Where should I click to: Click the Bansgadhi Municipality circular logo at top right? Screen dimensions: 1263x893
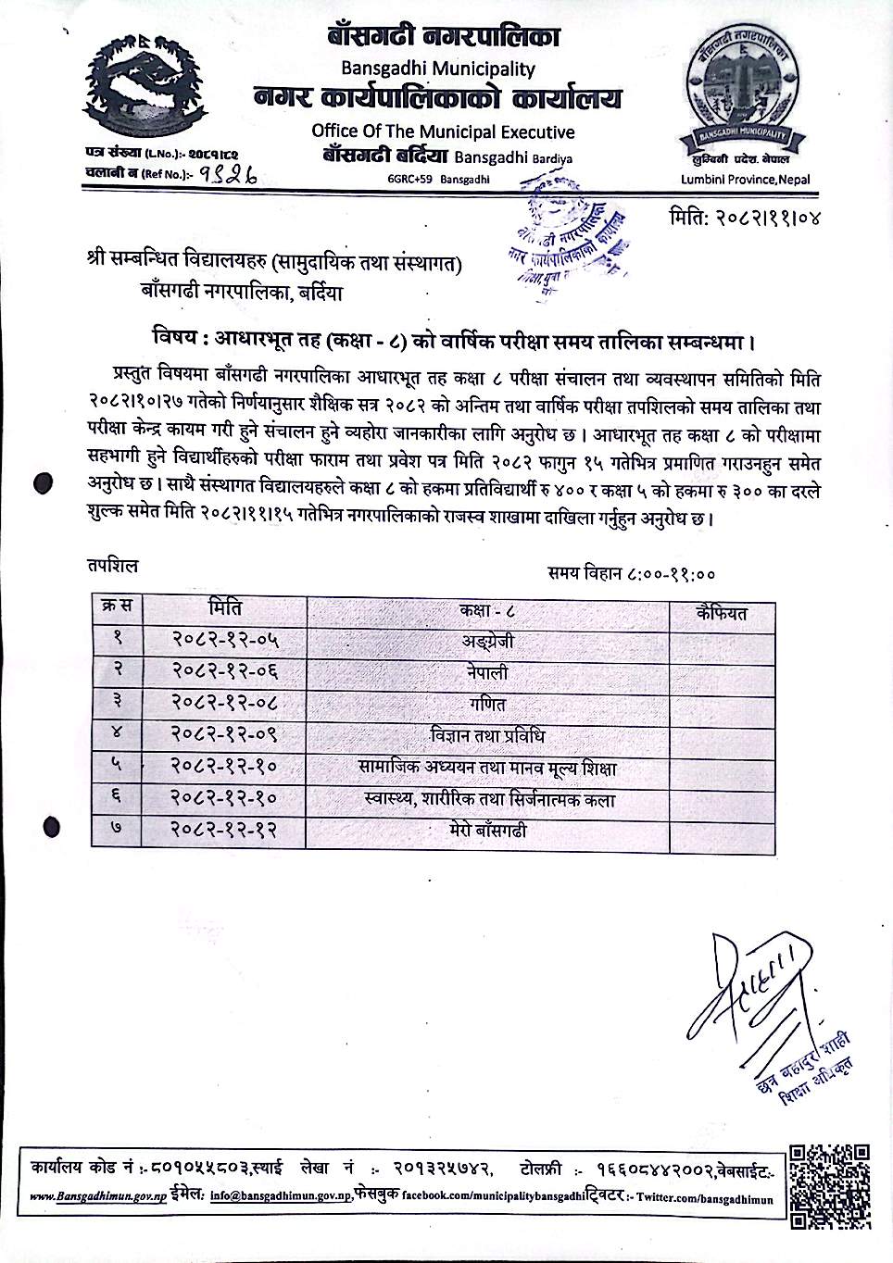pyautogui.click(x=745, y=97)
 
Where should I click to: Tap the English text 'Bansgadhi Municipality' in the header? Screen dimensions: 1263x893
pyautogui.click(x=438, y=69)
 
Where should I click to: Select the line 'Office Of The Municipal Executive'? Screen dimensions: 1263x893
pyautogui.click(x=443, y=132)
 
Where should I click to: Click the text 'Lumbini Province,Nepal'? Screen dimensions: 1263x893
pyautogui.click(x=745, y=180)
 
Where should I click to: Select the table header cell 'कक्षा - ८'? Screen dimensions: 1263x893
pyautogui.click(x=487, y=610)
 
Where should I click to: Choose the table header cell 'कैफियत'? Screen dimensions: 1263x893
pyautogui.click(x=722, y=612)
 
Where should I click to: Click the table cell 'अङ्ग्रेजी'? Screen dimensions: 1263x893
pyautogui.click(x=487, y=642)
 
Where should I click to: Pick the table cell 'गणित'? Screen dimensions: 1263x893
pyautogui.click(x=487, y=705)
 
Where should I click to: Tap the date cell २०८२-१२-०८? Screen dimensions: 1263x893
pyautogui.click(x=225, y=705)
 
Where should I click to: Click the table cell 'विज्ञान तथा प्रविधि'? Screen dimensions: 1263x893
pyautogui.click(x=487, y=736)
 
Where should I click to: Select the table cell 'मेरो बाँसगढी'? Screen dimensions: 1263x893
pyautogui.click(x=487, y=831)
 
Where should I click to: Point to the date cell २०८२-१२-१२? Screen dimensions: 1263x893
pyautogui.click(x=225, y=831)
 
